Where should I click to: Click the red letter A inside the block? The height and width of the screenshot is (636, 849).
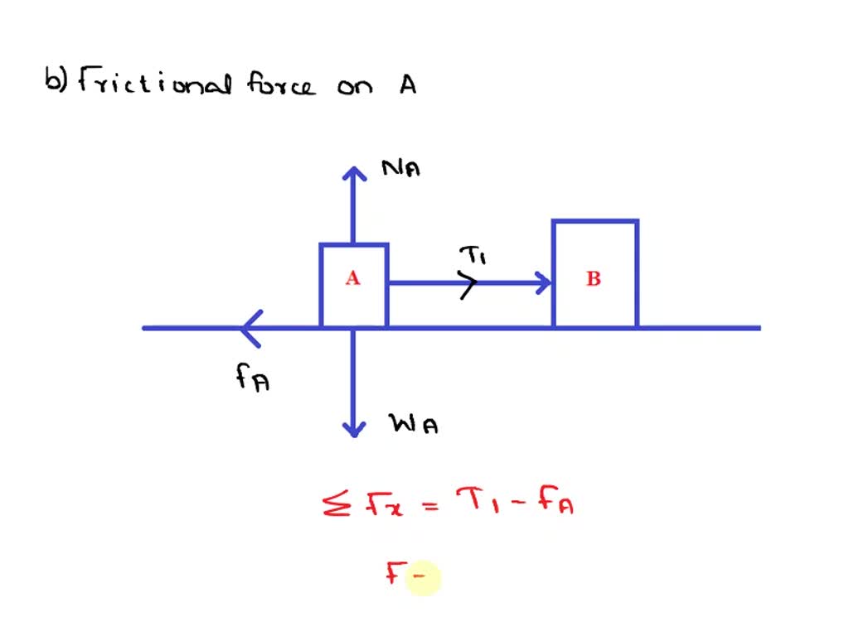tap(353, 279)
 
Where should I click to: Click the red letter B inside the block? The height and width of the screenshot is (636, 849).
tap(594, 279)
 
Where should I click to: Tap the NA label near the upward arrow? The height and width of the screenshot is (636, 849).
tap(401, 169)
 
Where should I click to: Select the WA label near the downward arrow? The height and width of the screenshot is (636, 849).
tap(414, 425)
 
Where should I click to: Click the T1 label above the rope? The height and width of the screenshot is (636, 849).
tap(472, 256)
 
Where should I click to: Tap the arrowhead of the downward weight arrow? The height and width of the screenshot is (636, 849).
tap(354, 428)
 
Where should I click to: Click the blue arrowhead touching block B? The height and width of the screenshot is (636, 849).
tap(544, 283)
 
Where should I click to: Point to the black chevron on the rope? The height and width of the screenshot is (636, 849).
tap(470, 284)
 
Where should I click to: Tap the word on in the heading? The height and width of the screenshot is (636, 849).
tap(356, 87)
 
